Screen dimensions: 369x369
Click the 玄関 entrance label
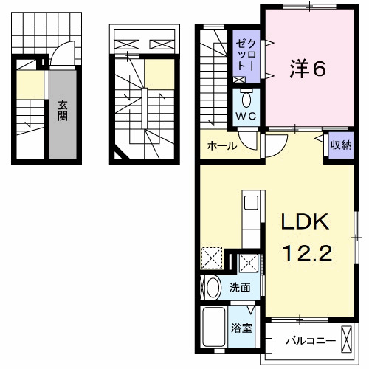63,111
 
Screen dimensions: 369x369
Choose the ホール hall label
222,146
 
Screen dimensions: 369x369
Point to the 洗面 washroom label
239,287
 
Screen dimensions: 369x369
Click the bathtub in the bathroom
215,328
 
